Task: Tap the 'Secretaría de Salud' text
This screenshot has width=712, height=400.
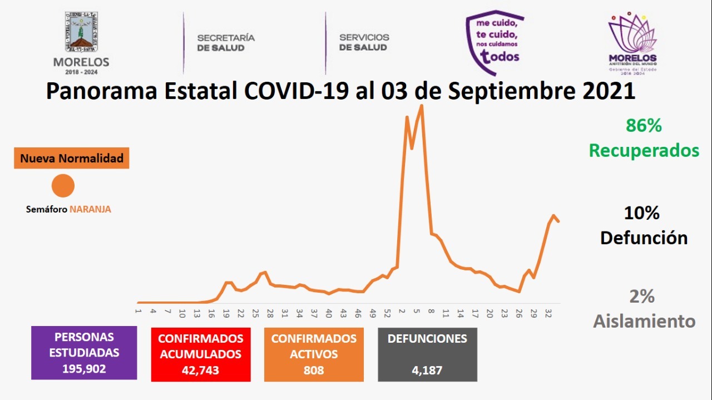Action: click(x=226, y=43)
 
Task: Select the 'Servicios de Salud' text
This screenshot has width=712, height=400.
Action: click(x=364, y=43)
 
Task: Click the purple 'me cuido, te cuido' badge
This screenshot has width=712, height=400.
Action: click(x=494, y=42)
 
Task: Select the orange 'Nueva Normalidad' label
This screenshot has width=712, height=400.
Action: click(x=72, y=159)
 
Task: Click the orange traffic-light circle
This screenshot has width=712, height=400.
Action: click(x=63, y=185)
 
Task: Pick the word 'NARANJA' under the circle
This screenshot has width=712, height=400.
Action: click(x=90, y=210)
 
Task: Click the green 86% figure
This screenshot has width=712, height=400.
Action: click(x=644, y=126)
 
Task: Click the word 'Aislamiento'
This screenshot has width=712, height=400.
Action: click(x=644, y=321)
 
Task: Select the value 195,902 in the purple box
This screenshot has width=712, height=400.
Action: click(x=83, y=369)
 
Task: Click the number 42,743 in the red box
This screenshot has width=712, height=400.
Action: click(x=200, y=370)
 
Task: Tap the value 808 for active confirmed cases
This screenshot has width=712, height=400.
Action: click(x=313, y=370)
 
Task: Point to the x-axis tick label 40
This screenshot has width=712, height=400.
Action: click(x=329, y=312)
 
